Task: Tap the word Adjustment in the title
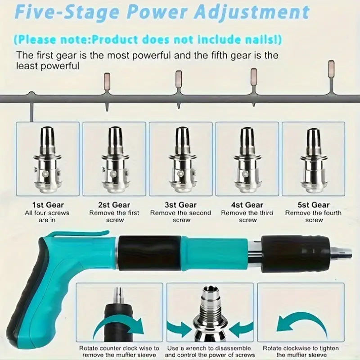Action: tap(252, 12)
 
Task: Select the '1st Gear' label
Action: tap(48, 205)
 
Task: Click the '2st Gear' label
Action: tap(114, 205)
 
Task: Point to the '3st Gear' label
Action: tap(181, 205)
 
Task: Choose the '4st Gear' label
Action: tap(247, 205)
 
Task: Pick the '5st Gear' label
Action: tap(314, 205)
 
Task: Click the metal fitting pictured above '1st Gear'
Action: tap(48, 160)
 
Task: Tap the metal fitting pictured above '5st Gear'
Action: tap(313, 160)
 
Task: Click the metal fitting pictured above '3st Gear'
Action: tap(182, 160)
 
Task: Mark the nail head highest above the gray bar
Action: tap(331, 69)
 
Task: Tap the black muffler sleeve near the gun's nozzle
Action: tap(296, 253)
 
